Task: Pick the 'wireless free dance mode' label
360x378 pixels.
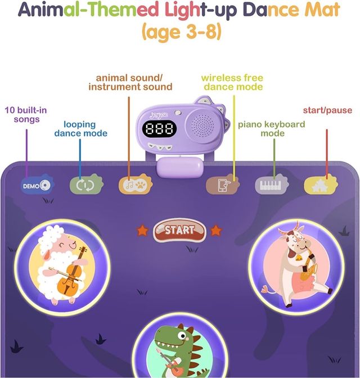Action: coord(233,82)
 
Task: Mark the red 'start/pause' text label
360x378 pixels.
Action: coord(327,110)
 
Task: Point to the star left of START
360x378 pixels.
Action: coord(142,230)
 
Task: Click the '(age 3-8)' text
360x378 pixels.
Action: coord(180,32)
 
